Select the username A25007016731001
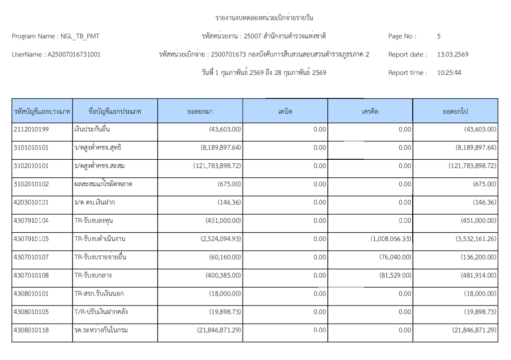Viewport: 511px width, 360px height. (x=73, y=54)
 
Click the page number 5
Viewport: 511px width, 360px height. (x=439, y=36)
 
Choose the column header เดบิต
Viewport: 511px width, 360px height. (x=285, y=112)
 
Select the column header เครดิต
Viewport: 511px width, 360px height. (x=370, y=112)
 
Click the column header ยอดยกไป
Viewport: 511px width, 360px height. (x=455, y=112)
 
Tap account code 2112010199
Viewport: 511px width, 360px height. (x=32, y=129)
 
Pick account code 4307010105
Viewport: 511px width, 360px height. (x=32, y=239)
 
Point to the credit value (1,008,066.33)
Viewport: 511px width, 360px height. (x=390, y=239)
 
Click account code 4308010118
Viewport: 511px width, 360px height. (x=32, y=330)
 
